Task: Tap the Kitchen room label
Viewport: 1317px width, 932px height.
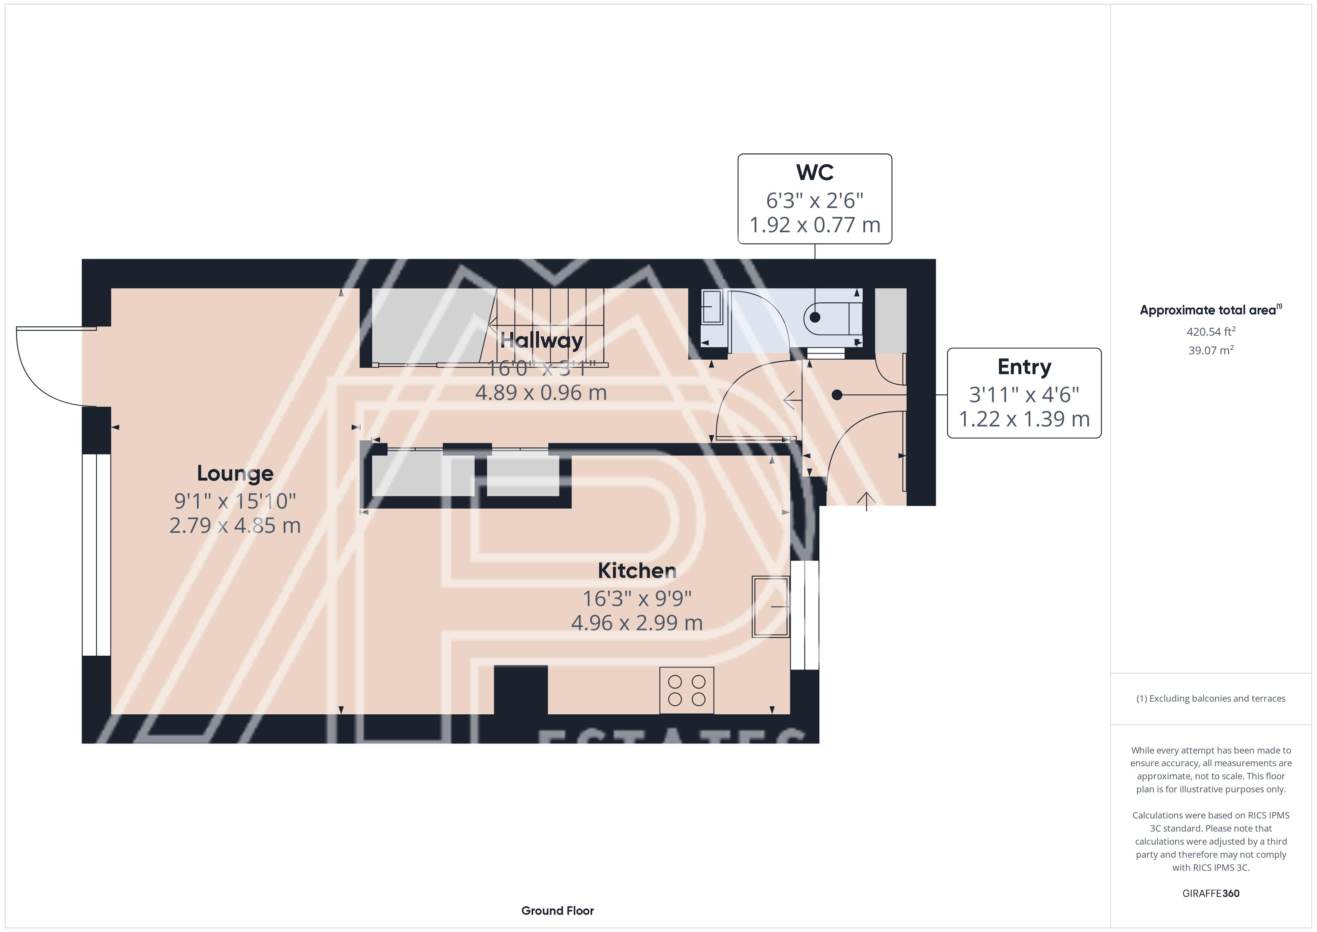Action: (x=637, y=571)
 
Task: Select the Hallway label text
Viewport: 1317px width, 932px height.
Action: (x=542, y=340)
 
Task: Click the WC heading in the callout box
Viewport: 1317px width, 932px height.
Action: (x=815, y=172)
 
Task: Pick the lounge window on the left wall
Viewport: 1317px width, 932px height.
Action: (x=96, y=554)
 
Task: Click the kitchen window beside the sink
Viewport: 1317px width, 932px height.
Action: (x=805, y=615)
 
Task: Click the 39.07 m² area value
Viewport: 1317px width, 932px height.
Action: (x=1211, y=350)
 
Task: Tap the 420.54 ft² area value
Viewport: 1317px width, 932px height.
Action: (x=1211, y=332)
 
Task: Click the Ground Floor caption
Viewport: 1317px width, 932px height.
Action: (x=558, y=911)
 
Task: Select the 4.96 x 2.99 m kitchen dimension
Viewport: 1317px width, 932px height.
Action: (x=637, y=623)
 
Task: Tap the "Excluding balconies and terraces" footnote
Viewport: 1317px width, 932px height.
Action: (x=1211, y=698)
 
